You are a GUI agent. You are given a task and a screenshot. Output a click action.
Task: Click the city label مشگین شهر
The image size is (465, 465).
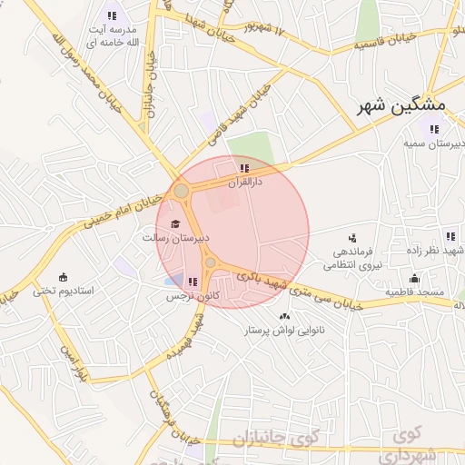pyautogui.click(x=391, y=106)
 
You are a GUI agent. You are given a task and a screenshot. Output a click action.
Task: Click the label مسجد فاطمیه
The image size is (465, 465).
pyautogui.click(x=413, y=292)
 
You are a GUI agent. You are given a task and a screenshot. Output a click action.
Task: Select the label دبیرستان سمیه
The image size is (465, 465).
pyautogui.click(x=434, y=144)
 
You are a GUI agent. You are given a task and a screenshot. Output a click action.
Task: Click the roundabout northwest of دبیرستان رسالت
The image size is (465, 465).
pyautogui.click(x=182, y=191)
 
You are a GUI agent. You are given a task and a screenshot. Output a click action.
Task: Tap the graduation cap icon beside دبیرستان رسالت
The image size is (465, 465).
pyautogui.click(x=175, y=223)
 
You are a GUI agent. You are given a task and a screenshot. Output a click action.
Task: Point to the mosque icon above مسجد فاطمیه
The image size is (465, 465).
pyautogui.click(x=414, y=279)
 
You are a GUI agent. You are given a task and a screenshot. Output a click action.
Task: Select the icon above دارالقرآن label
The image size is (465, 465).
pyautogui.click(x=244, y=168)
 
